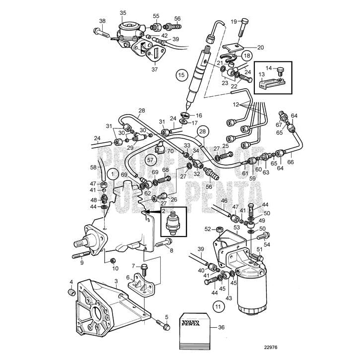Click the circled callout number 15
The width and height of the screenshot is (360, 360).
181,75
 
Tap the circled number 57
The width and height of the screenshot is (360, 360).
150,160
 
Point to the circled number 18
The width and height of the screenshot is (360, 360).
246,56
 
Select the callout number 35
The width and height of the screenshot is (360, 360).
123,13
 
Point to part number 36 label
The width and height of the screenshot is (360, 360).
221,327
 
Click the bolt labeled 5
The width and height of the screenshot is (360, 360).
162,326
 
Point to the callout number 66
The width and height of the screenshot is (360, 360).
291,162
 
